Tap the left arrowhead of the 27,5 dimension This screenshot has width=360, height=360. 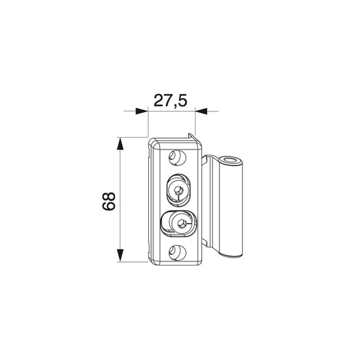[142, 111]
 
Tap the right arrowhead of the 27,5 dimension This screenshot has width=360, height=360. [201, 111]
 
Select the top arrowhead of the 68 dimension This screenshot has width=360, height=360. [120, 144]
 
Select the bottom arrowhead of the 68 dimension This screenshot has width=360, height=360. [120, 256]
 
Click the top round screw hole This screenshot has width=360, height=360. [178, 158]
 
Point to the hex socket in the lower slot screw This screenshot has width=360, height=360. [181, 223]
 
